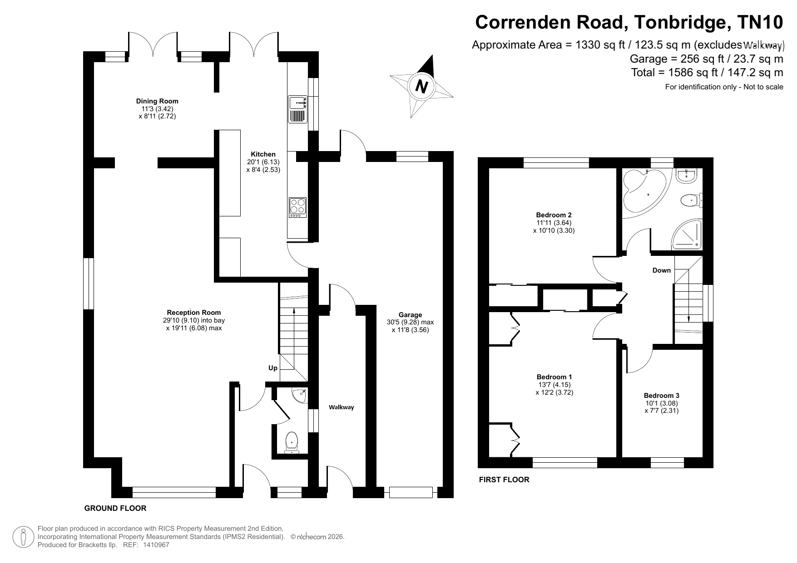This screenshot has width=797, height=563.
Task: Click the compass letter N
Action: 422,86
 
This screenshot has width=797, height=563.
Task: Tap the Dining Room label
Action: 157,101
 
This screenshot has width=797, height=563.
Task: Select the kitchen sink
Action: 297,109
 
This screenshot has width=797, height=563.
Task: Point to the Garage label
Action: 410,314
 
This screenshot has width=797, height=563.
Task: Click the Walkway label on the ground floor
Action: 341,407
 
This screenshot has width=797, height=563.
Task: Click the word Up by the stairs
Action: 272,368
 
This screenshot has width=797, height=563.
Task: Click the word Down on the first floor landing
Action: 661,270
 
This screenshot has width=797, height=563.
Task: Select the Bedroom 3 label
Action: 661,396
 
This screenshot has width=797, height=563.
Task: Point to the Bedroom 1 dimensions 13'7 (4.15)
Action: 554,385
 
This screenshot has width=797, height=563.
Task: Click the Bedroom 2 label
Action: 554,215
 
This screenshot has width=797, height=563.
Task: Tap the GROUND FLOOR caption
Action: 115,508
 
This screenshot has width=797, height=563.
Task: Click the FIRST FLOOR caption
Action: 504,480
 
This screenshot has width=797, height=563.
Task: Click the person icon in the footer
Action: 23,537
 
